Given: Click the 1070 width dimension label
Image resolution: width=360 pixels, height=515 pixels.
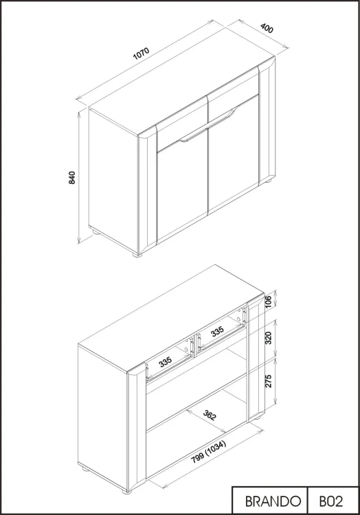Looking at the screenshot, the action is [x=142, y=54].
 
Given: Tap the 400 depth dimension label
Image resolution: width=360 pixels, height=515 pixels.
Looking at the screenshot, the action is [x=267, y=28].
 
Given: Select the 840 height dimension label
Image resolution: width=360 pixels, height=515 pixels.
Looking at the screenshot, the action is [x=72, y=178].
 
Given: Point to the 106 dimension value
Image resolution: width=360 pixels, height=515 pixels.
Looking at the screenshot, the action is [x=268, y=302].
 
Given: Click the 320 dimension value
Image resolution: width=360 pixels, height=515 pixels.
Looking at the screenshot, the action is [x=268, y=338].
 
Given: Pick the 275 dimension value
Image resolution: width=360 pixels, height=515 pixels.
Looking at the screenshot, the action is [x=268, y=380].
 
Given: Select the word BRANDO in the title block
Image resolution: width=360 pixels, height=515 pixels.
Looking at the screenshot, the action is [x=273, y=501].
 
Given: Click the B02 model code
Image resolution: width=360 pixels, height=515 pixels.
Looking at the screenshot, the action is [x=330, y=501].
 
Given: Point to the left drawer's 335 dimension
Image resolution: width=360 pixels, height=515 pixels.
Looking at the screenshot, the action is [x=166, y=362].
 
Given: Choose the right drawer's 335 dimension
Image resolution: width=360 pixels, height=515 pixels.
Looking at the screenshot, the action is [x=217, y=332].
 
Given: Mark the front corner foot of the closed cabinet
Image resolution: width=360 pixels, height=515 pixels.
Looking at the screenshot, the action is [x=137, y=253].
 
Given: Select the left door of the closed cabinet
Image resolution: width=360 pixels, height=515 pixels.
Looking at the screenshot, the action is [x=183, y=190].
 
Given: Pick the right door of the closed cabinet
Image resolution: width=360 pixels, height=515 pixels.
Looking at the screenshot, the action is [x=234, y=154].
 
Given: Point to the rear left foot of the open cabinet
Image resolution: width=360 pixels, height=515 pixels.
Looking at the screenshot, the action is [x=85, y=469].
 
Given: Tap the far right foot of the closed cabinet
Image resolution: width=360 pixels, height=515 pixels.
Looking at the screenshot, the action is [x=268, y=181].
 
